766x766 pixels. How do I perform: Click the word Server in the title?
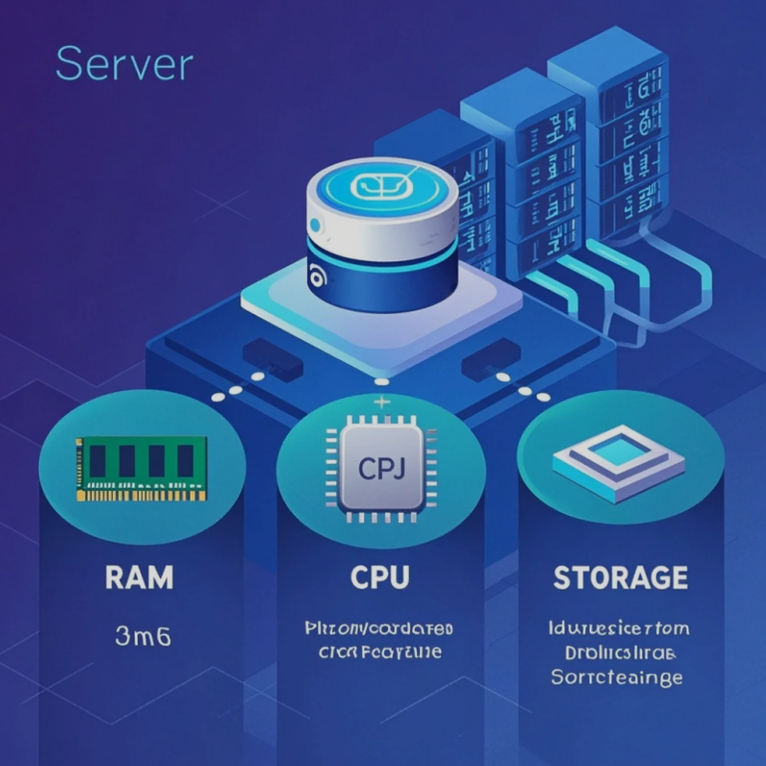click(x=125, y=64)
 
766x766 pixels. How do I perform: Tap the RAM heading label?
click(x=140, y=576)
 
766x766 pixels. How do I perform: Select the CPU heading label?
click(x=379, y=577)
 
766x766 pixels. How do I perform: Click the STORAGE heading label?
click(x=619, y=577)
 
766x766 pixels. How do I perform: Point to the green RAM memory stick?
click(x=142, y=467)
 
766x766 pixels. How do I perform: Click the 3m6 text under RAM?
click(x=143, y=635)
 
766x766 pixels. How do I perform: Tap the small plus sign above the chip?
click(x=379, y=402)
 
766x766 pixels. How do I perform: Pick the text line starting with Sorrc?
click(x=616, y=677)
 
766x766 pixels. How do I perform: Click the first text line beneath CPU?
click(x=379, y=629)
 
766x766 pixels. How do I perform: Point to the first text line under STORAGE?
click(x=618, y=629)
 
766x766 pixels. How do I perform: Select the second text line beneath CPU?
click(x=379, y=654)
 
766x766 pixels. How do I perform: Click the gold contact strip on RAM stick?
click(x=142, y=494)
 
